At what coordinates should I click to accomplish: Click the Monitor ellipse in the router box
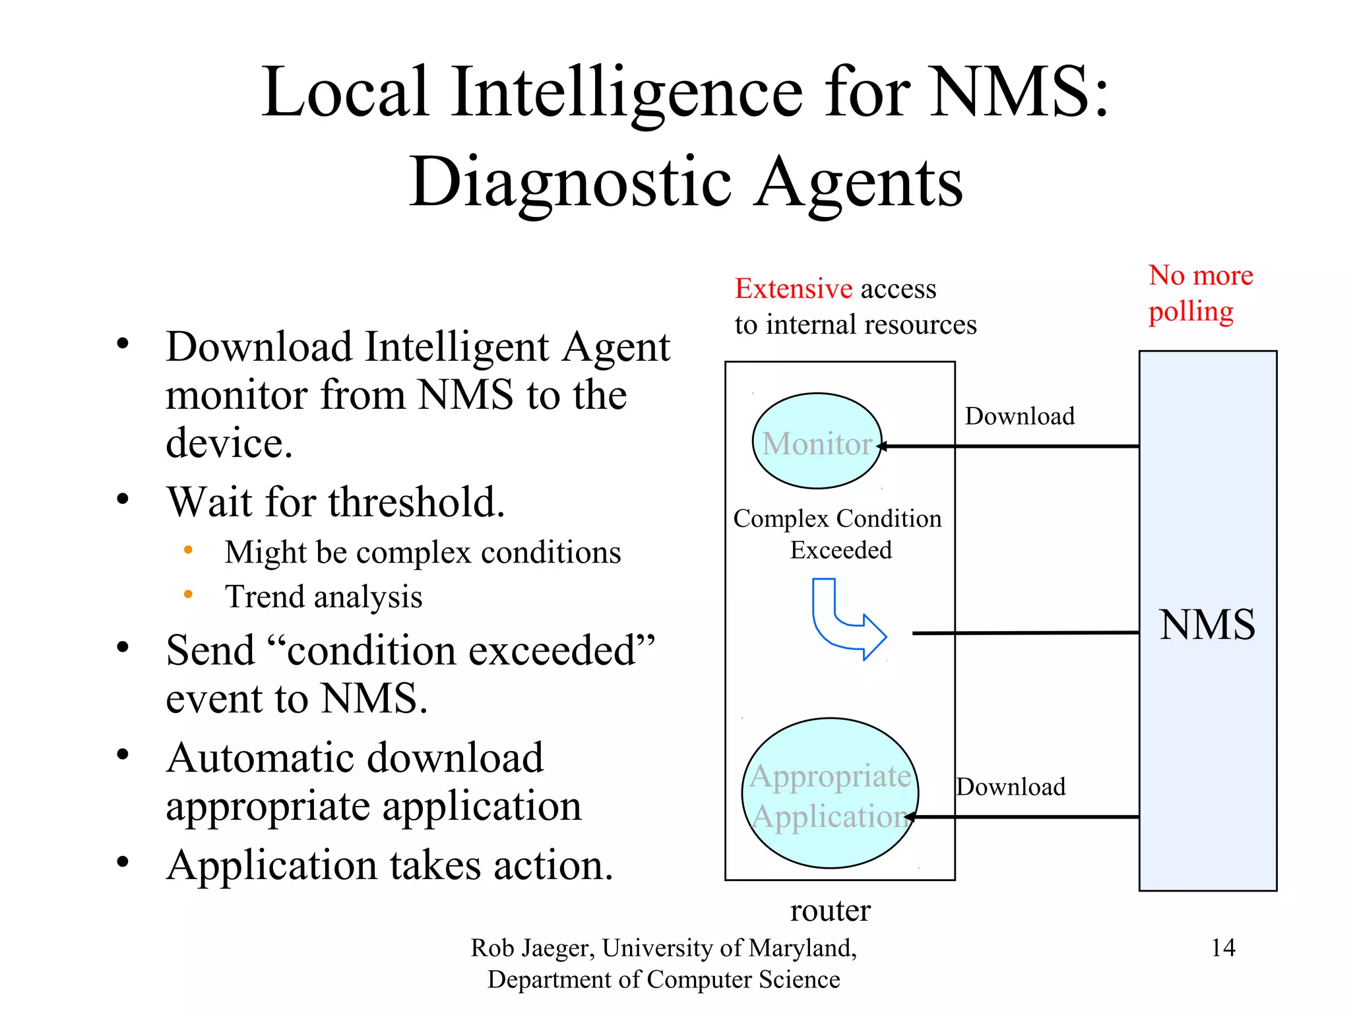(817, 441)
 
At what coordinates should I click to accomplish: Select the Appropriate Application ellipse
(830, 793)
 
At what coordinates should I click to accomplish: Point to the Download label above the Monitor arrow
(1019, 416)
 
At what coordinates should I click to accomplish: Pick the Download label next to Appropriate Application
(1011, 787)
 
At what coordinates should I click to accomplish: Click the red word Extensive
(794, 289)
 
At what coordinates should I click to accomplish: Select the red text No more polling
(1199, 293)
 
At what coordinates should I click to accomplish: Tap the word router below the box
(830, 911)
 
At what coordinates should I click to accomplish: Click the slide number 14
(1222, 948)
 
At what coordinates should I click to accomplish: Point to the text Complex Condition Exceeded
(838, 534)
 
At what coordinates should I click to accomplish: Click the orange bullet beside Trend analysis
(188, 594)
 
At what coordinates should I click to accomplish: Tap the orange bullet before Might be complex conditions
(188, 549)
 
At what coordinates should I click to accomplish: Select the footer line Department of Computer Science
(663, 979)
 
